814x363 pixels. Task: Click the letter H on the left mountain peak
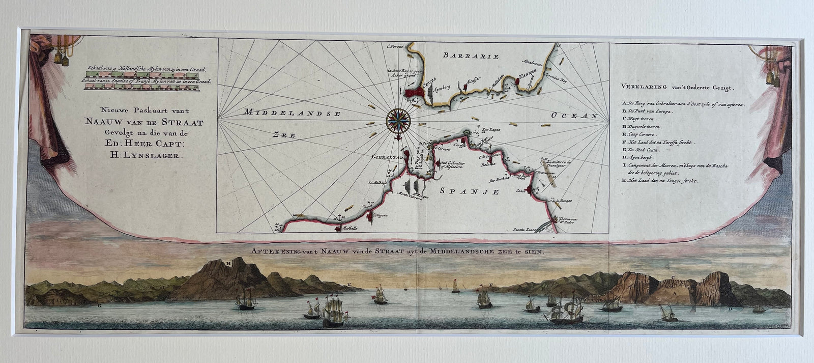click(x=228, y=263)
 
